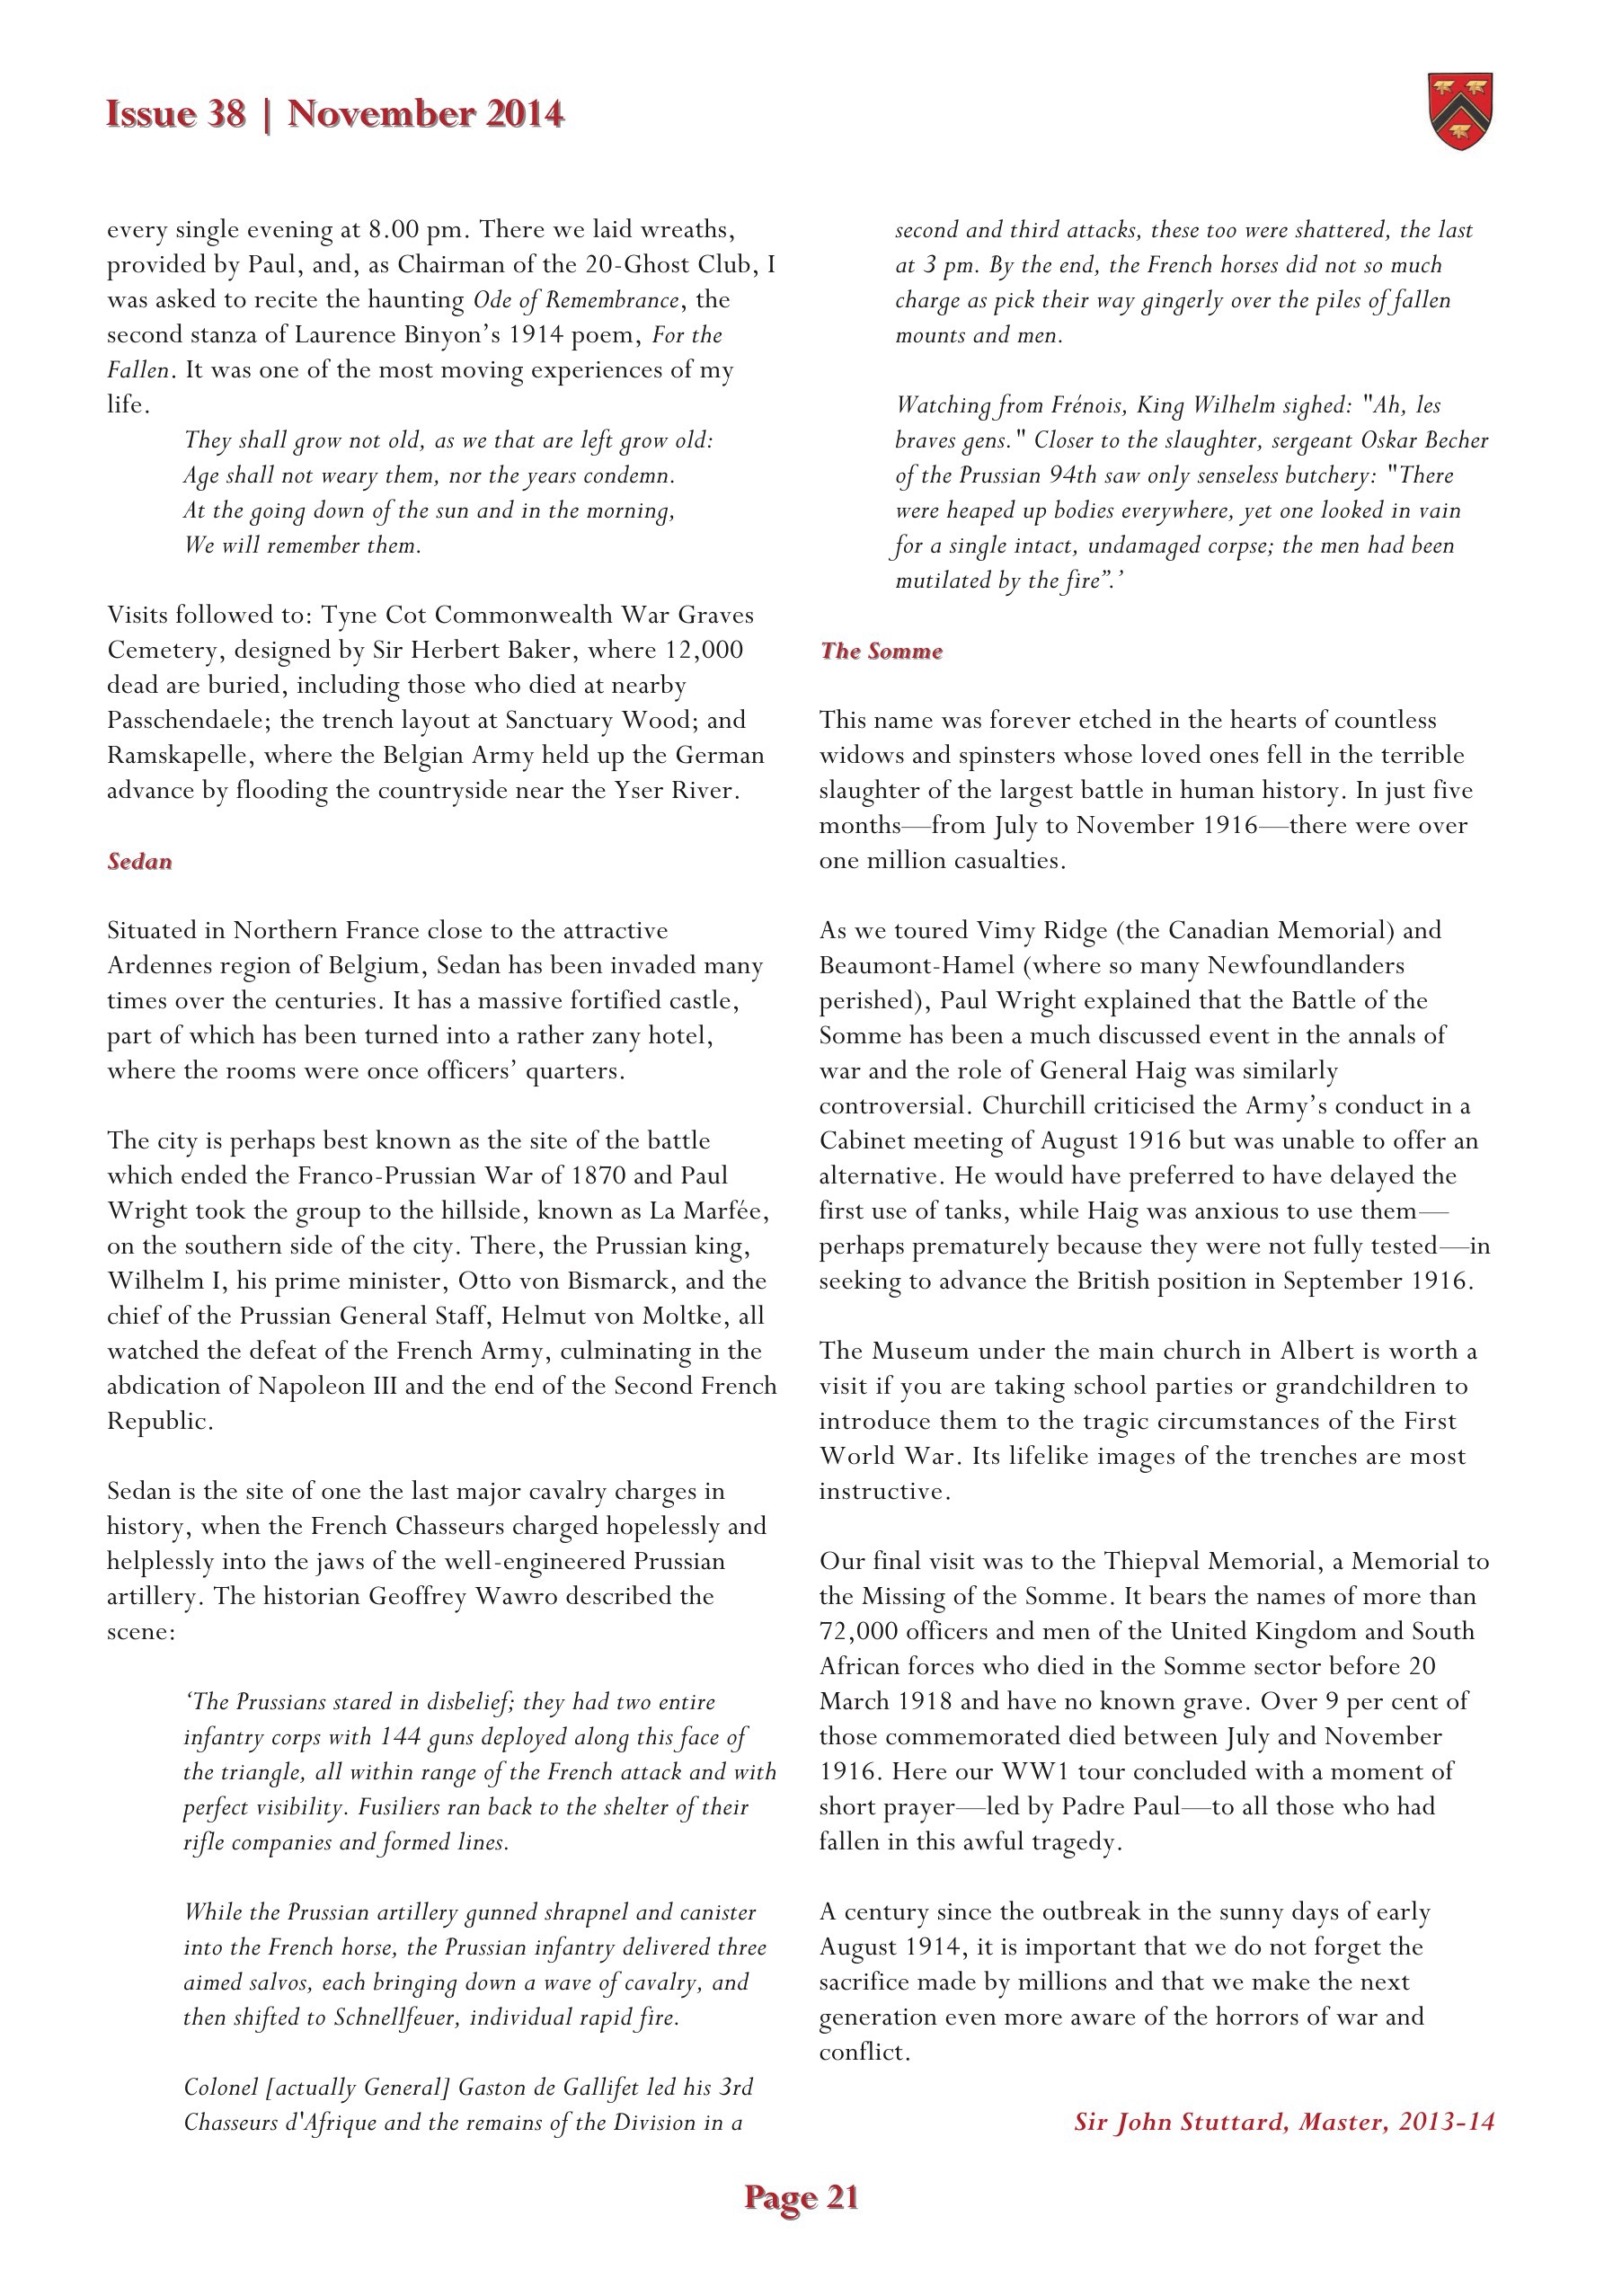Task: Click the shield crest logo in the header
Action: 1460,111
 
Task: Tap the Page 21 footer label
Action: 801,2197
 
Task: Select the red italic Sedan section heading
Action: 139,861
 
